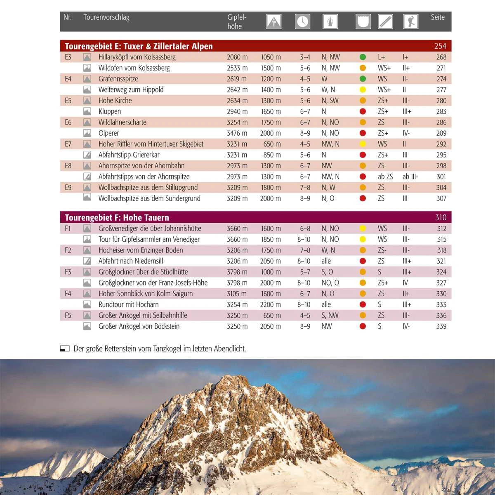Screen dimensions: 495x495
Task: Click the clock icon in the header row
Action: tap(302, 21)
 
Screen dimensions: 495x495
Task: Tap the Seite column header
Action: tap(438, 17)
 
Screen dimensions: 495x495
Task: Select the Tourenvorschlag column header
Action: tap(106, 17)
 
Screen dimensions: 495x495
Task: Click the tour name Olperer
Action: tap(108, 133)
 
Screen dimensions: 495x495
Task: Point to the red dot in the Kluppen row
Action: tap(363, 111)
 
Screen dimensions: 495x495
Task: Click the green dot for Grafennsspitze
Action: tap(363, 79)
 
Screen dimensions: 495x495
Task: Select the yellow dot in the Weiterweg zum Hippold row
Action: tap(363, 90)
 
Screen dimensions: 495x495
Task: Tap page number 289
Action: tap(441, 133)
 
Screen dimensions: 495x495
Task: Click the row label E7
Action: tap(68, 144)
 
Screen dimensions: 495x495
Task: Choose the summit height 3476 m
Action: tap(237, 133)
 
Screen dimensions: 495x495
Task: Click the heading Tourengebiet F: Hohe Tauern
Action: tap(117, 217)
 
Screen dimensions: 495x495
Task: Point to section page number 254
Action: tap(440, 46)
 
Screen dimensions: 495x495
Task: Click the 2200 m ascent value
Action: tap(270, 304)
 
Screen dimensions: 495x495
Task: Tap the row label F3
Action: tap(68, 272)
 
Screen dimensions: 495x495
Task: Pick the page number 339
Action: tap(441, 326)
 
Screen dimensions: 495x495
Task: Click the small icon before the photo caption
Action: tap(65, 349)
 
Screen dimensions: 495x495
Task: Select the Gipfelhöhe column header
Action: tap(237, 21)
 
